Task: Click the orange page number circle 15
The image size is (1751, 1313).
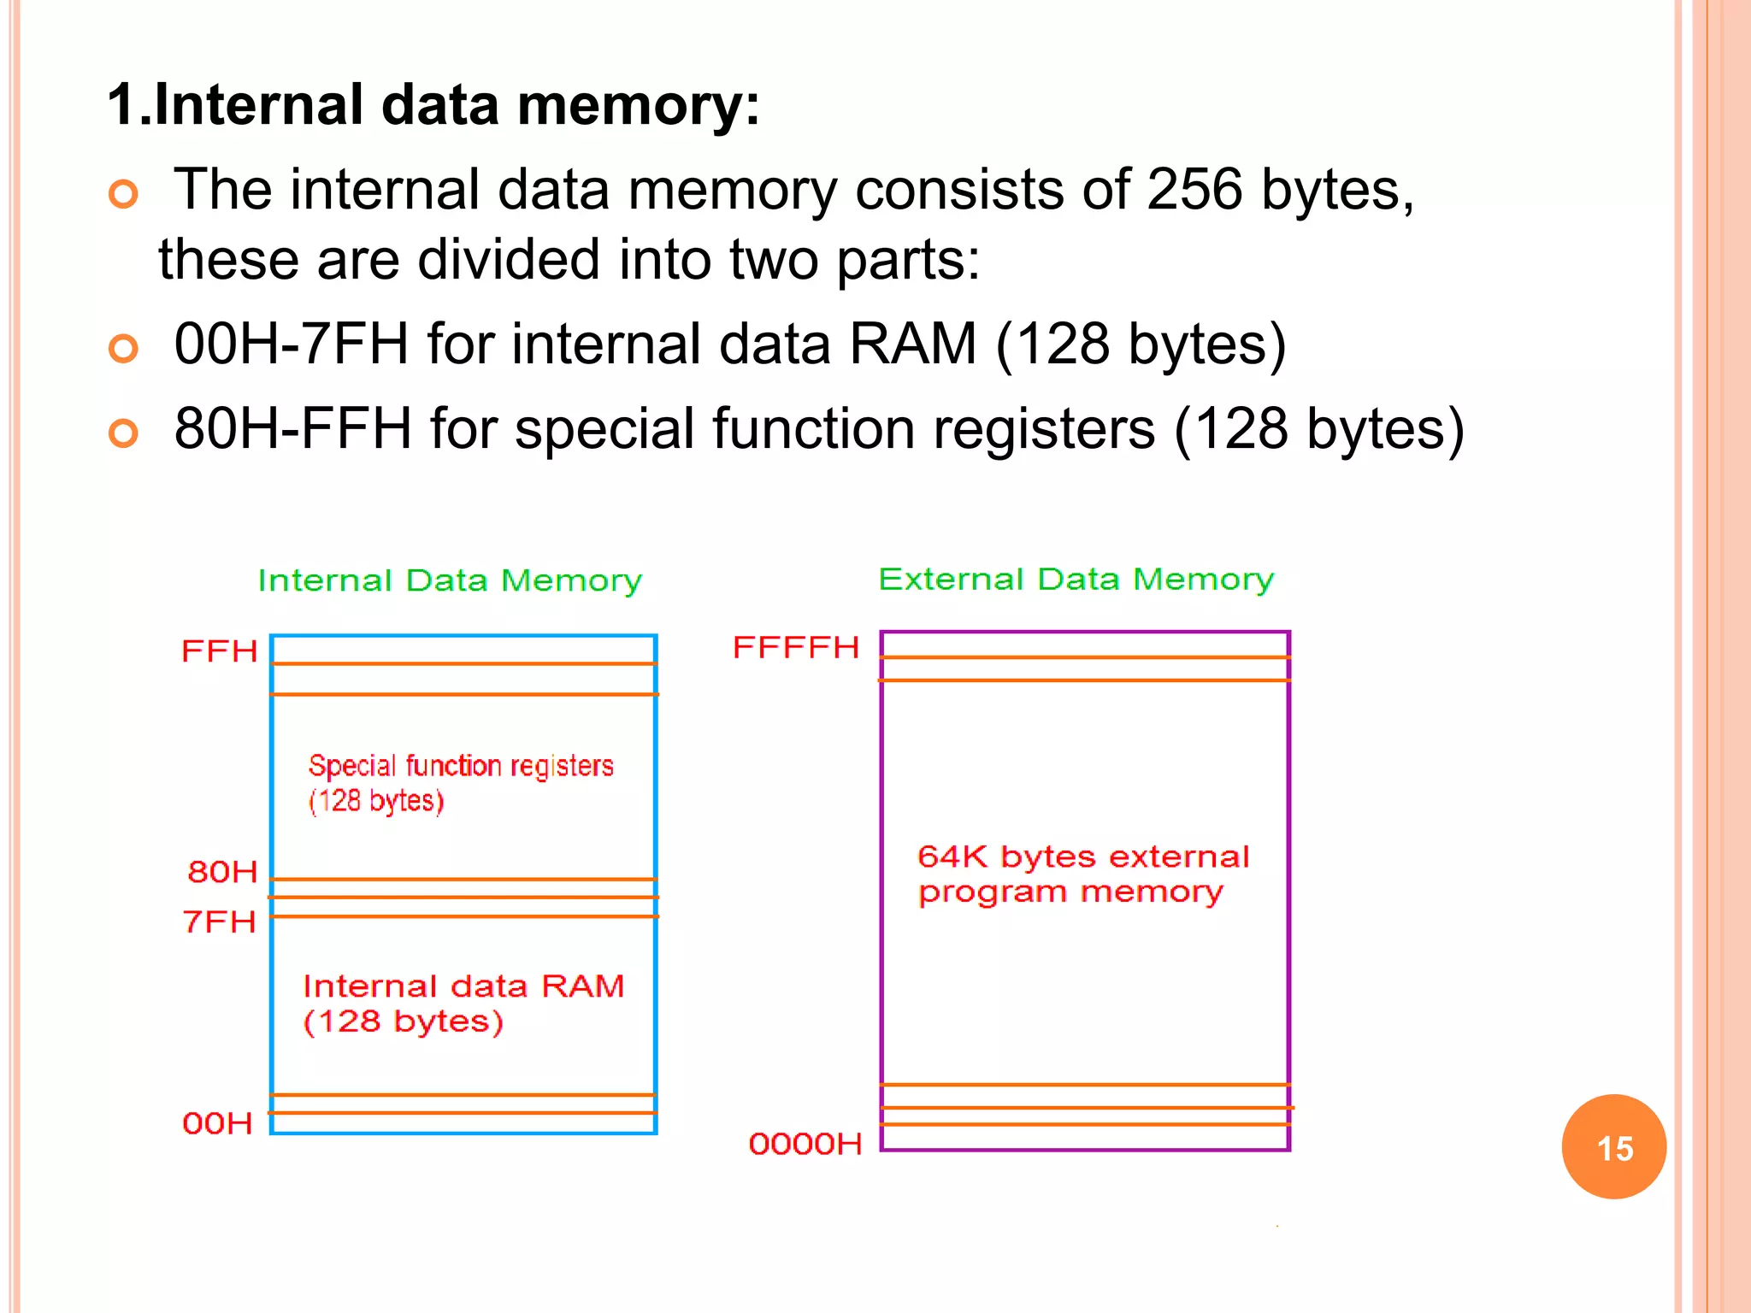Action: click(x=1613, y=1147)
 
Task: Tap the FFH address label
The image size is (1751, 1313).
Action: click(x=220, y=651)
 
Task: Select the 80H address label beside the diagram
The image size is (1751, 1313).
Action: click(x=222, y=872)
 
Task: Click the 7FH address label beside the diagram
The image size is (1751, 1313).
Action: click(x=220, y=921)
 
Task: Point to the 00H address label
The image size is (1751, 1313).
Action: click(x=218, y=1123)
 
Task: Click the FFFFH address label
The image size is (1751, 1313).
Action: click(x=796, y=648)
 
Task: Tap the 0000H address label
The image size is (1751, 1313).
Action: click(x=805, y=1144)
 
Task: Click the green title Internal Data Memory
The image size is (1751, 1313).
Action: click(x=450, y=581)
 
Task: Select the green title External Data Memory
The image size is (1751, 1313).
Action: click(x=1076, y=580)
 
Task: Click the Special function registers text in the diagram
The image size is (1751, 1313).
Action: click(x=461, y=767)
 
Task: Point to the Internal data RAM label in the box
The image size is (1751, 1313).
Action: click(x=463, y=986)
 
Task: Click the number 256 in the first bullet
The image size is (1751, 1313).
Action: click(x=1194, y=189)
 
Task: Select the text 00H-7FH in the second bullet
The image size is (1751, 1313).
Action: click(x=292, y=344)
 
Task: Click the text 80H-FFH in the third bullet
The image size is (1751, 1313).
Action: click(x=293, y=428)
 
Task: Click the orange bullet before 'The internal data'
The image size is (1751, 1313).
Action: click(x=124, y=195)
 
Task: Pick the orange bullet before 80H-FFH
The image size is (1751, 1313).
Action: click(x=124, y=433)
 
